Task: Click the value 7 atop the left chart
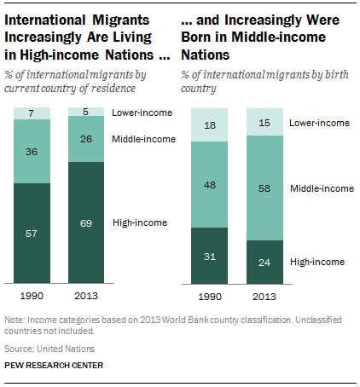pos(31,113)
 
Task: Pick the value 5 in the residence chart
pos(86,112)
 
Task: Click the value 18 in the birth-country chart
pos(211,124)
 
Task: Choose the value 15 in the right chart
pos(266,124)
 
